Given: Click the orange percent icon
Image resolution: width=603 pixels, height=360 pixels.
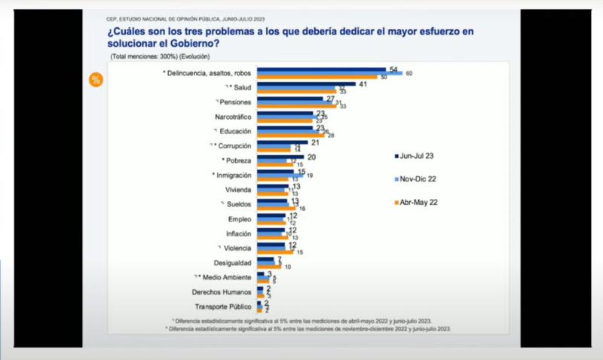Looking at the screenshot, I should coord(96,80).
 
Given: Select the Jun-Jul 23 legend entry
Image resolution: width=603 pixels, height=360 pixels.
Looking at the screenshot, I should coord(420,155).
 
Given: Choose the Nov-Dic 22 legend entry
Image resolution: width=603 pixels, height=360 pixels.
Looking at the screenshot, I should coord(420,178).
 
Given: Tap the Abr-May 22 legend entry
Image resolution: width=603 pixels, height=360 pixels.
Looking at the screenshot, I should coord(420,202).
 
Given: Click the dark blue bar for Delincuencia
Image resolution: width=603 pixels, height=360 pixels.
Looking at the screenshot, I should coord(321,69).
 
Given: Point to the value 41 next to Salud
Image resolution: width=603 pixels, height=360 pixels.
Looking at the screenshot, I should coord(363,84).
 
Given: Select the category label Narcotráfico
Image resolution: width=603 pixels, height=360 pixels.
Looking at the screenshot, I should coord(233,116).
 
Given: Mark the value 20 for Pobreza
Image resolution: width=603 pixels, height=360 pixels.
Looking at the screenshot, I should coord(311,157).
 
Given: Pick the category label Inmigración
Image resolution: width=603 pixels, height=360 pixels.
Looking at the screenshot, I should coord(234,175).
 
